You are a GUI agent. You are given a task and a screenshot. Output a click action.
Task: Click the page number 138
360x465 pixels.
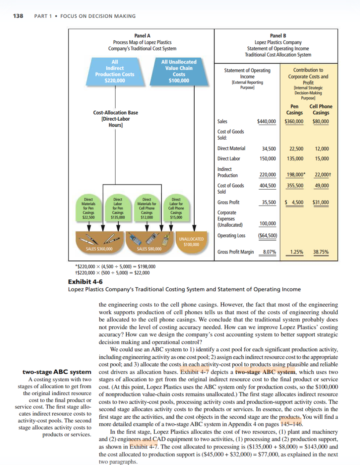[18, 16]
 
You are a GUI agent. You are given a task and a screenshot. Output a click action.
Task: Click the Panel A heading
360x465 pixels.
[142, 36]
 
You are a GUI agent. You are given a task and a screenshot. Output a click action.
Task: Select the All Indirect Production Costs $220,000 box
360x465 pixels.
[115, 72]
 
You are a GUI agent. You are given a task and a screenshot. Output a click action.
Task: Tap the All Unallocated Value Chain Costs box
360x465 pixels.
[179, 72]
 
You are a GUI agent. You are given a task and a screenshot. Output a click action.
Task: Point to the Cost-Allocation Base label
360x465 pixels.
[115, 113]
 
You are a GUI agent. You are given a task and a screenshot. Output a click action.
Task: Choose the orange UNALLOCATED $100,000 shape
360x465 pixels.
[191, 242]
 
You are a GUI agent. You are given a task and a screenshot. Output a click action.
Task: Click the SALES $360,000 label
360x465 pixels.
[99, 249]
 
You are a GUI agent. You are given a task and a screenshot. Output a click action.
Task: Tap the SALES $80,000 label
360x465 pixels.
[149, 249]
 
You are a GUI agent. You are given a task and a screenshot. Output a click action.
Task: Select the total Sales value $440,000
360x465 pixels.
[267, 121]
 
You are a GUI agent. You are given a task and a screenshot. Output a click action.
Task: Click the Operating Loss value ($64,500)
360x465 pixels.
[267, 235]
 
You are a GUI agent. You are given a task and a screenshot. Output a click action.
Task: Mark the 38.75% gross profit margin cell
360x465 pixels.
[321, 252]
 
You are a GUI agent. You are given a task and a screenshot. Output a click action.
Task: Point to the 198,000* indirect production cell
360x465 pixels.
[296, 175]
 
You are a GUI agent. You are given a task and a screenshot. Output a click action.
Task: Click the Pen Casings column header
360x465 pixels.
[294, 110]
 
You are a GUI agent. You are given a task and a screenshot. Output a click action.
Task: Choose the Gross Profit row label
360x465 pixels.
[228, 202]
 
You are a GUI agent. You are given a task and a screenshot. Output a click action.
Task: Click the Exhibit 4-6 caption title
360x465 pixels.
[85, 282]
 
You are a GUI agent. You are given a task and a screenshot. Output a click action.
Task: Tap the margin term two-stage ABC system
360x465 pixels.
[57, 372]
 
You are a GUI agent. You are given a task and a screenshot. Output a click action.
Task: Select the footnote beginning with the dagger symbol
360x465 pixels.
[112, 272]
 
